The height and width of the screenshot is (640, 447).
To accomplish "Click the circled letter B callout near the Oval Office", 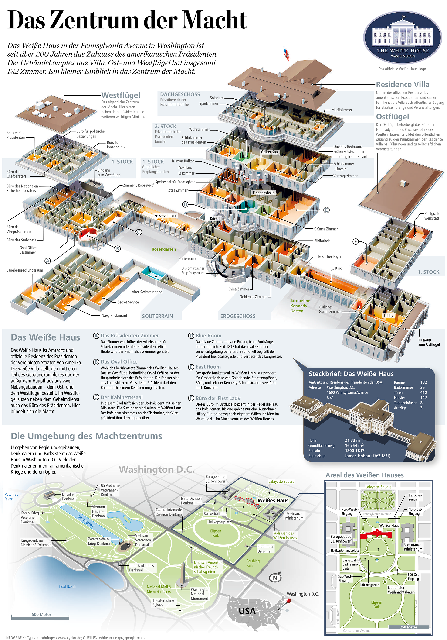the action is pyautogui.click(x=118, y=248).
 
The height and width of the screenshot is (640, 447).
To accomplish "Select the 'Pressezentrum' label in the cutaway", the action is pyautogui.click(x=166, y=216).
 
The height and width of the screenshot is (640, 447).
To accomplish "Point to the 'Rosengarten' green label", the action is pyautogui.click(x=164, y=249).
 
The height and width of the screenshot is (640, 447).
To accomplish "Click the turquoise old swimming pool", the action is pyautogui.click(x=152, y=272).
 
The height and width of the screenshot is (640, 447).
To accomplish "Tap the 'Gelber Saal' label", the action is pyautogui.click(x=270, y=152).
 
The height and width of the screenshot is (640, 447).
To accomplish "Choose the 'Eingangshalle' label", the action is pyautogui.click(x=264, y=193).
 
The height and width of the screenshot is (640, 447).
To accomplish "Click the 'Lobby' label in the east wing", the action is pyautogui.click(x=388, y=316).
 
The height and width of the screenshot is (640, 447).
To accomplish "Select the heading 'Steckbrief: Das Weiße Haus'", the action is pyautogui.click(x=351, y=374).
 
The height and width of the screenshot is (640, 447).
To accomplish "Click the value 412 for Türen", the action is pyautogui.click(x=423, y=392).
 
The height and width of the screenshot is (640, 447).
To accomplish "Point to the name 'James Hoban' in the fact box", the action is pyautogui.click(x=357, y=456).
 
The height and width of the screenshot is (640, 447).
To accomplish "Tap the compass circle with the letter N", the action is pyautogui.click(x=275, y=578).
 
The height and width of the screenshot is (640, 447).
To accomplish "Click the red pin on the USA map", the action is pyautogui.click(x=289, y=601).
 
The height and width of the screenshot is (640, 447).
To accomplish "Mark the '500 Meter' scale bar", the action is pyautogui.click(x=40, y=618).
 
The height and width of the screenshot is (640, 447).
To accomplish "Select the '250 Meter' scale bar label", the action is pyautogui.click(x=408, y=627).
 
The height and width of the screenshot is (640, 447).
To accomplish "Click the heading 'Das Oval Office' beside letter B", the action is pyautogui.click(x=119, y=361).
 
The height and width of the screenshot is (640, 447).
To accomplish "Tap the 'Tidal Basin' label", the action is pyautogui.click(x=67, y=586).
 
